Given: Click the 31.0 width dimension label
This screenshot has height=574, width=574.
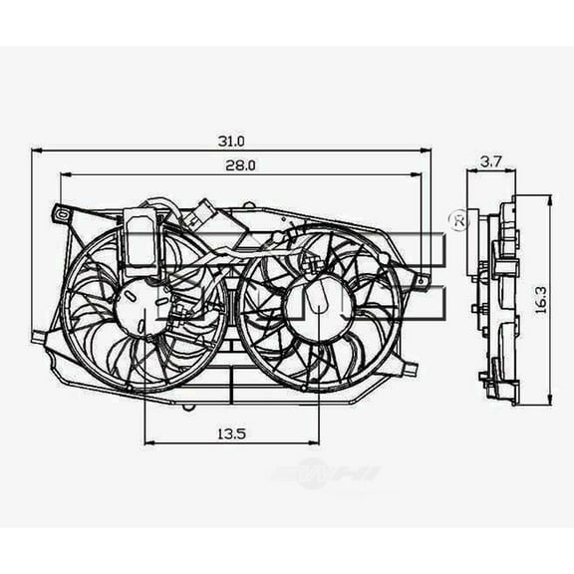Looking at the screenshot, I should [x=230, y=142].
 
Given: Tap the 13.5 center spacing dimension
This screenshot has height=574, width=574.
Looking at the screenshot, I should [x=230, y=432].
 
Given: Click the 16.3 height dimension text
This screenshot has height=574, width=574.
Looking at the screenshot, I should [x=539, y=299].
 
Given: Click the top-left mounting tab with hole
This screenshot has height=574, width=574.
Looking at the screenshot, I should [x=61, y=213].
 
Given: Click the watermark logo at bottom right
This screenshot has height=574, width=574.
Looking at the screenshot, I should [x=328, y=475].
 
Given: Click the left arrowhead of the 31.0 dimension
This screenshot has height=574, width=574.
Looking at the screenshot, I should [x=37, y=150].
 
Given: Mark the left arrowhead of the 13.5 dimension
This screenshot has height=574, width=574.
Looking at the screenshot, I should [x=149, y=442].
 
